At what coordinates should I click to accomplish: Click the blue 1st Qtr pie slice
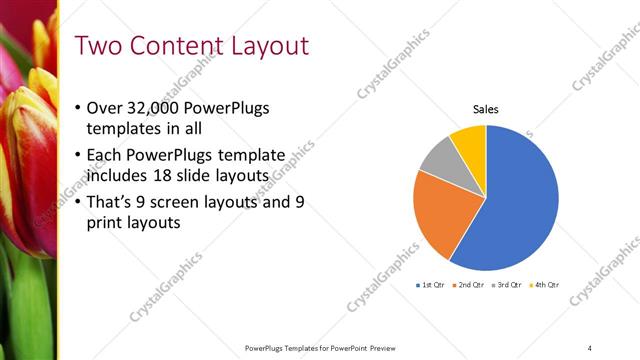[x=515, y=205]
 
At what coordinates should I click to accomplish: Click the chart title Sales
[x=486, y=109]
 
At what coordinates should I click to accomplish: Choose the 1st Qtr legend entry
[x=432, y=285]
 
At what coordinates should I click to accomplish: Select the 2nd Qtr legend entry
[x=470, y=285]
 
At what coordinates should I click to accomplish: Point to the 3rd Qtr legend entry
[x=507, y=285]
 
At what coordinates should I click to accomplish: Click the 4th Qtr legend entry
[x=544, y=285]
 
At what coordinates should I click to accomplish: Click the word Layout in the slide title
[x=265, y=46]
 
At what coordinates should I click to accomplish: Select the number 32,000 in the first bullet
[x=157, y=109]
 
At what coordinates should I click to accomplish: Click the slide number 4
[x=590, y=348]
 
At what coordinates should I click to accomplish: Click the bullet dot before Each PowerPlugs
[x=79, y=155]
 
